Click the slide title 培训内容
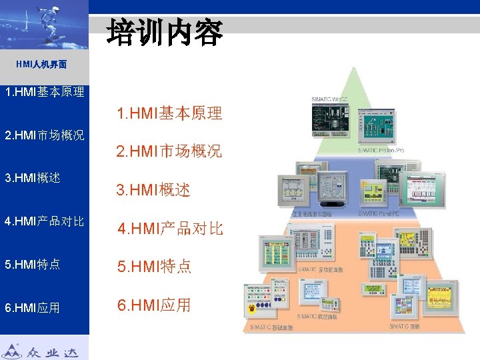tap(165, 31)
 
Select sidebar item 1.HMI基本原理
tap(44, 91)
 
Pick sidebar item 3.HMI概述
tap(33, 178)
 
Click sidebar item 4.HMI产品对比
tap(44, 221)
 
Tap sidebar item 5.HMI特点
tap(33, 264)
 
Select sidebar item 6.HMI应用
tap(33, 307)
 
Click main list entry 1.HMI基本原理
tap(169, 113)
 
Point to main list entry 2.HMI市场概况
tap(169, 151)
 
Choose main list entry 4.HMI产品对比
tap(171, 229)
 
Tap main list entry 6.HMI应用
tap(154, 305)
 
